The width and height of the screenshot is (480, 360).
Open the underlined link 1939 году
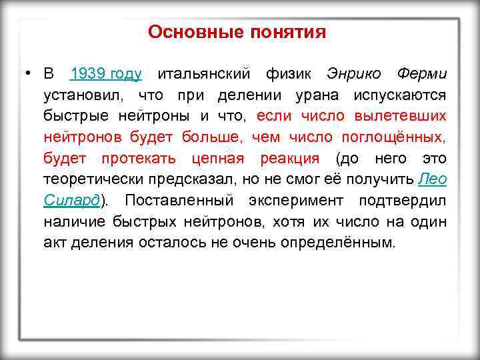click(x=105, y=73)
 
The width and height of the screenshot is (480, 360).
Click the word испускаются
click(x=401, y=95)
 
